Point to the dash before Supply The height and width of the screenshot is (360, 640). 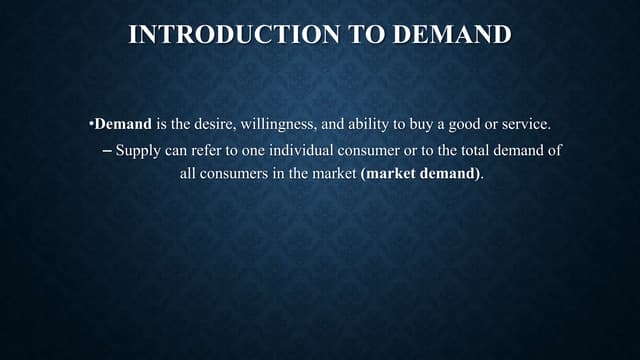[x=107, y=150]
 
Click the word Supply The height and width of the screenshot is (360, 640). [x=138, y=151]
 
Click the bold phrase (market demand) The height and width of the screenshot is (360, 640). [x=420, y=172]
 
